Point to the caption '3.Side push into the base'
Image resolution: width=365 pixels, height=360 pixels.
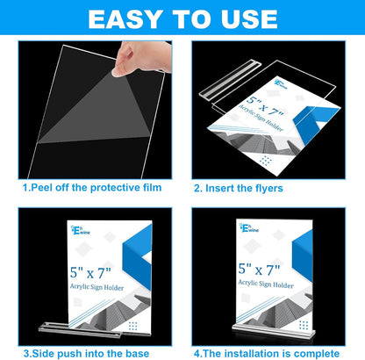[x=90, y=351]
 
